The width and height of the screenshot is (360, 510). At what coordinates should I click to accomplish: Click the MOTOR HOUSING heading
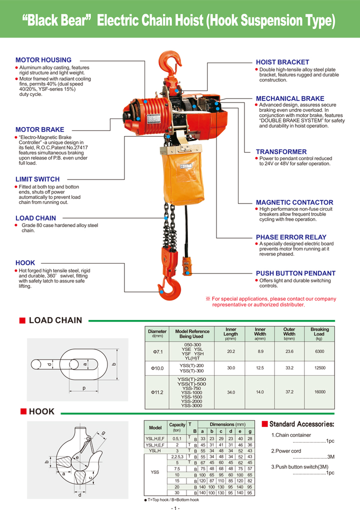[x=43, y=60]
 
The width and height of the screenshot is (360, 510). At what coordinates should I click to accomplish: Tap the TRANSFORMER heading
[x=281, y=151]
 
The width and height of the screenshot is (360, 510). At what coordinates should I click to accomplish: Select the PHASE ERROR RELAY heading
[x=291, y=237]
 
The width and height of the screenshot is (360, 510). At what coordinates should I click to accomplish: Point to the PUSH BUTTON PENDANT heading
[x=295, y=273]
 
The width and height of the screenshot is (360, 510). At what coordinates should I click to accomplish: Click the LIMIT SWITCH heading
[x=37, y=179]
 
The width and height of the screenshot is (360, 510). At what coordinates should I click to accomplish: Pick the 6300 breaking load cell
[x=319, y=351]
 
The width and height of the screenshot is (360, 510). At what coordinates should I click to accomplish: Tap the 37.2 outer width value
[x=289, y=392]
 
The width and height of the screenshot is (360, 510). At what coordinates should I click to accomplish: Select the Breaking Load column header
[x=319, y=332]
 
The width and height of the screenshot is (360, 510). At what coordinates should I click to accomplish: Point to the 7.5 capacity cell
[x=177, y=468]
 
